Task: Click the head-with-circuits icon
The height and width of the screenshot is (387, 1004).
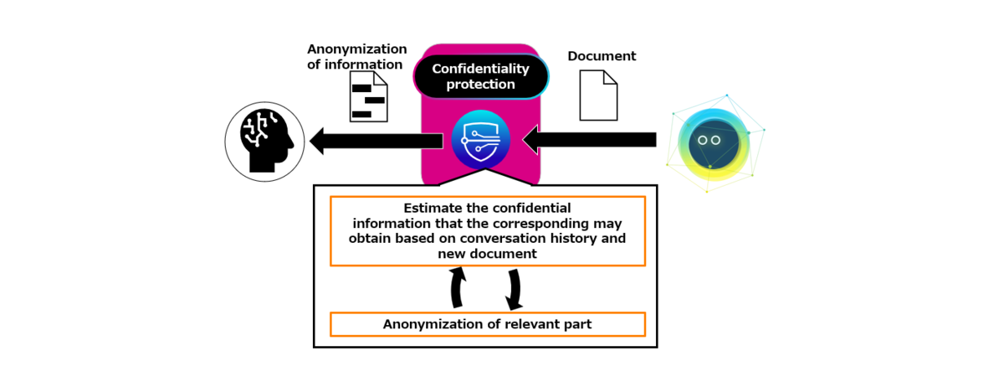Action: pyautogui.click(x=264, y=142)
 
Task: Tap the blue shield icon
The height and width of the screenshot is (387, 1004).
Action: pyautogui.click(x=480, y=139)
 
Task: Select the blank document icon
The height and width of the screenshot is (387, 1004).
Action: pyautogui.click(x=598, y=95)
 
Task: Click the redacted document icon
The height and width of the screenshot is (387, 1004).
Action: pyautogui.click(x=368, y=96)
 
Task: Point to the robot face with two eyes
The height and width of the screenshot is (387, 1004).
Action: pyautogui.click(x=714, y=144)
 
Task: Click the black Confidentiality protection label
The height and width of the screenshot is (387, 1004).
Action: pyautogui.click(x=481, y=76)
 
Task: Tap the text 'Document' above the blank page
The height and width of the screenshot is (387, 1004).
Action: pyautogui.click(x=602, y=56)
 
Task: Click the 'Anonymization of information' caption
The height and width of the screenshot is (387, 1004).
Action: pyautogui.click(x=356, y=57)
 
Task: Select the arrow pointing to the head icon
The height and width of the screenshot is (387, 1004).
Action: pyautogui.click(x=376, y=141)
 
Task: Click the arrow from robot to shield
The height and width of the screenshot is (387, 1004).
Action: pyautogui.click(x=589, y=140)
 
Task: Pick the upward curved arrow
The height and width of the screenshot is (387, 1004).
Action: pyautogui.click(x=457, y=287)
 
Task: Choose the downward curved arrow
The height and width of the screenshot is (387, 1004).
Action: pyautogui.click(x=515, y=290)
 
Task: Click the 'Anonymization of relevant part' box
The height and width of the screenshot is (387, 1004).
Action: pyautogui.click(x=488, y=324)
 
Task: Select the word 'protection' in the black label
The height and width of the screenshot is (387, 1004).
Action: pyautogui.click(x=480, y=85)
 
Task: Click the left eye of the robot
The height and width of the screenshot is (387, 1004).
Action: pyautogui.click(x=702, y=141)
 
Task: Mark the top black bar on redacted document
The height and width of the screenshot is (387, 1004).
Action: pyautogui.click(x=361, y=88)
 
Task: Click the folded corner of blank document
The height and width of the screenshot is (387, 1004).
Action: pyautogui.click(x=611, y=76)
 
